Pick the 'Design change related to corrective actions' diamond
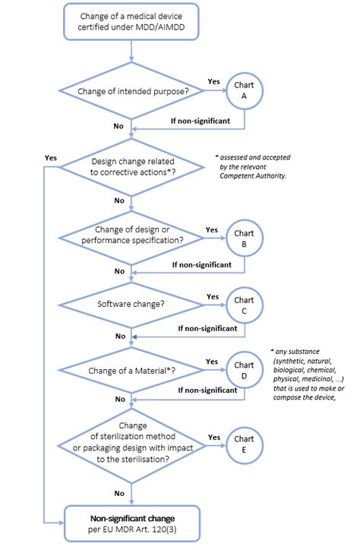[132, 168]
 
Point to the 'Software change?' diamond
[132, 305]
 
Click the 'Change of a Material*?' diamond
[132, 370]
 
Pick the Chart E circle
[244, 444]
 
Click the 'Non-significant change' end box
[132, 524]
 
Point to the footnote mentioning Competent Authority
[254, 166]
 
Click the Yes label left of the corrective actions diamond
[51, 157]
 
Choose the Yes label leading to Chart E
[214, 437]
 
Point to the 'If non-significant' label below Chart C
[207, 329]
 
